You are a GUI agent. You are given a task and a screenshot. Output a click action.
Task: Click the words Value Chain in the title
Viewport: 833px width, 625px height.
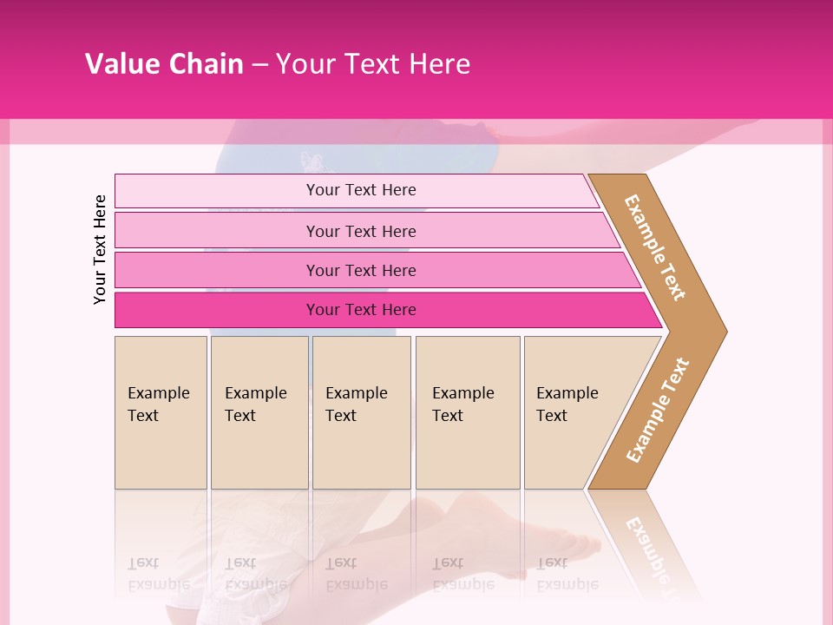(x=164, y=64)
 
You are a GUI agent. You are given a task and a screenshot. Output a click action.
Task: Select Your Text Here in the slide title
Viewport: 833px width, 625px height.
(x=373, y=64)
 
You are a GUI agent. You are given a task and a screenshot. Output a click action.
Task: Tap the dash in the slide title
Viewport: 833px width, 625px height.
(x=259, y=65)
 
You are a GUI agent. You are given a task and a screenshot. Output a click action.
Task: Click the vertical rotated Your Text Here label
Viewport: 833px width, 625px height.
(x=101, y=249)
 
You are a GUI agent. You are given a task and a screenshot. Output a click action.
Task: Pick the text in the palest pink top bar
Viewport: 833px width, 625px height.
(x=361, y=190)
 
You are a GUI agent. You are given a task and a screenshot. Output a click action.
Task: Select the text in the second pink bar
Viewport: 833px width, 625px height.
(x=361, y=231)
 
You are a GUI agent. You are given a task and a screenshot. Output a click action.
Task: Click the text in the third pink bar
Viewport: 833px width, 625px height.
(x=361, y=271)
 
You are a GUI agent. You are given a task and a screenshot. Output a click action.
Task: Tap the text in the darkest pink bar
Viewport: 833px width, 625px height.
(x=361, y=310)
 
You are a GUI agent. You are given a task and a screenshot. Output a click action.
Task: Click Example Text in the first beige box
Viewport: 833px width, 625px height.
(x=158, y=404)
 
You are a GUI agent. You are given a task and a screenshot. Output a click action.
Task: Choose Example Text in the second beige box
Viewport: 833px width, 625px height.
(x=255, y=404)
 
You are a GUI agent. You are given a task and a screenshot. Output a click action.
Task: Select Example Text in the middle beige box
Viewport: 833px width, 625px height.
(x=356, y=404)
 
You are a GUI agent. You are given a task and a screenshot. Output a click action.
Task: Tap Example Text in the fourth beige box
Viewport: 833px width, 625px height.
(x=462, y=404)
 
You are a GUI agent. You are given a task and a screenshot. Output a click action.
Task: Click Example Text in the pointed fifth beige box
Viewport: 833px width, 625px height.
(x=567, y=404)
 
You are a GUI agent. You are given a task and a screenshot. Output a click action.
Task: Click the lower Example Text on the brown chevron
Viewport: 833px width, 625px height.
(x=658, y=411)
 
